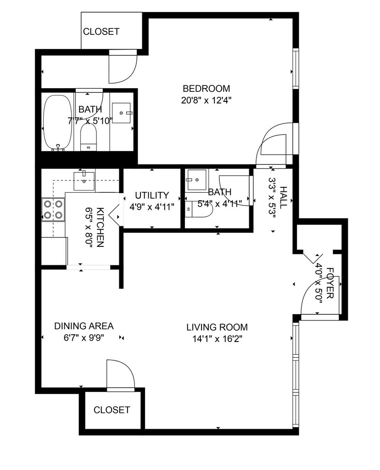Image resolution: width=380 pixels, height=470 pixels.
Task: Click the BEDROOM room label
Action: (x=206, y=89)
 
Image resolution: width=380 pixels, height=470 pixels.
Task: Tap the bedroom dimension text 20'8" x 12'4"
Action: (x=206, y=100)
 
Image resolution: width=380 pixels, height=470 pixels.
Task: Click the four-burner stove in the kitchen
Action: (x=53, y=209)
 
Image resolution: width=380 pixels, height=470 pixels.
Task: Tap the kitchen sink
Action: (x=84, y=176)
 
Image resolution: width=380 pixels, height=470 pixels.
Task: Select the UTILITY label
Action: (x=152, y=196)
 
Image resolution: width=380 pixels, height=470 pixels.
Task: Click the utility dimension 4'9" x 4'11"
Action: (x=152, y=207)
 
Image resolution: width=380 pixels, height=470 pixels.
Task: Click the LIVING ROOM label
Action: (x=217, y=327)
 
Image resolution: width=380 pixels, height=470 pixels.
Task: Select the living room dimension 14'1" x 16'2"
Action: (x=217, y=339)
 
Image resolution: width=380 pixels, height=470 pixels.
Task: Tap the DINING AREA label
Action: (x=84, y=326)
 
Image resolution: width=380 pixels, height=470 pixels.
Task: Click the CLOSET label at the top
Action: (x=101, y=32)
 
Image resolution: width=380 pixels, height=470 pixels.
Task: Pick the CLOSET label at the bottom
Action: (x=112, y=410)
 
